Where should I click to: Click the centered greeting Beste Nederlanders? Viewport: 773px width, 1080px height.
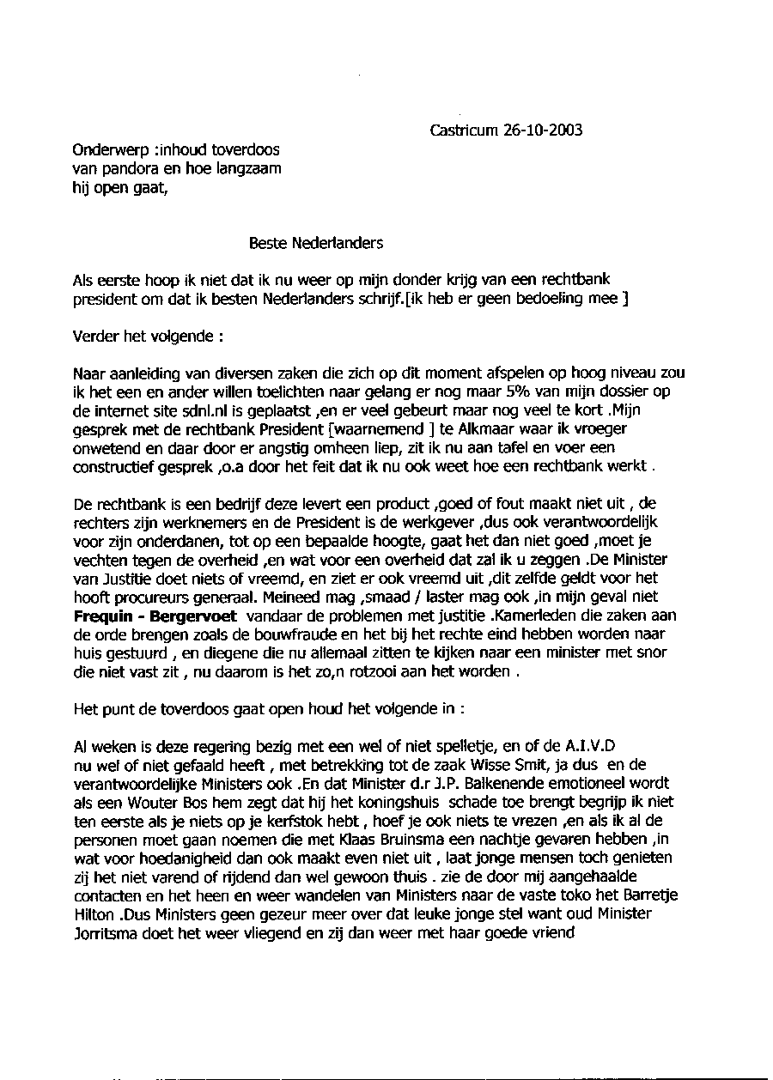click(316, 243)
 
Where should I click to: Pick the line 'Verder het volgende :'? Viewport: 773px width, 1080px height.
click(142, 336)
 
